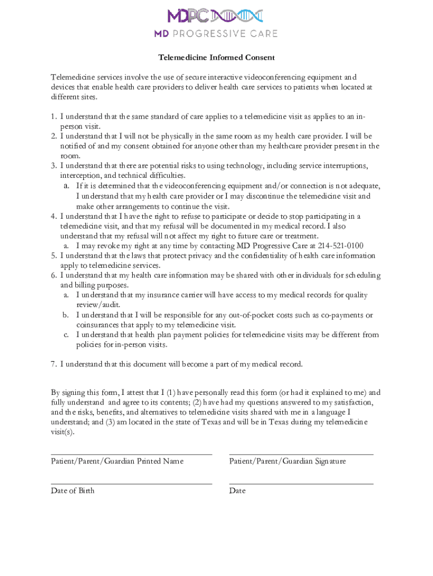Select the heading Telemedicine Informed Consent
[216, 57]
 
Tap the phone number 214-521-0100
[337, 245]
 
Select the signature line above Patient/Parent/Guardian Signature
[301, 453]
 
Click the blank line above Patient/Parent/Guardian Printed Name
[131, 453]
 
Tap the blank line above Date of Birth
[131, 483]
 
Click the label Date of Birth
[73, 490]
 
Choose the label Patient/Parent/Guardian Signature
[287, 461]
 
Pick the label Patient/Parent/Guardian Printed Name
[117, 461]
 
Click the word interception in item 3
[80, 175]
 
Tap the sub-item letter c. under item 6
[66, 335]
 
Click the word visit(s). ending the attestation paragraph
[62, 432]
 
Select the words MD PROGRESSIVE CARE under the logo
[216, 34]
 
